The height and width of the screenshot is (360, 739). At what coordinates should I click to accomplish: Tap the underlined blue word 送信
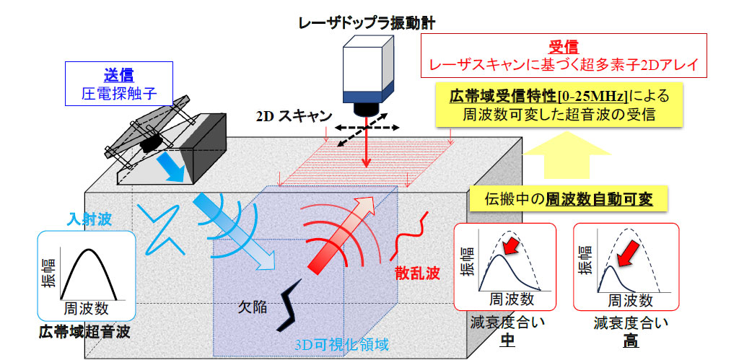coord(118,74)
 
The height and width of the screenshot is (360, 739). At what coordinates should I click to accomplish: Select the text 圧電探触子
coord(118,92)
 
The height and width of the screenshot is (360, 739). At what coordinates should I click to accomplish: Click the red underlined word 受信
coord(562,46)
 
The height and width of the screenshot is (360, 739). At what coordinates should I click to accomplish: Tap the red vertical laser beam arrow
coord(367,144)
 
